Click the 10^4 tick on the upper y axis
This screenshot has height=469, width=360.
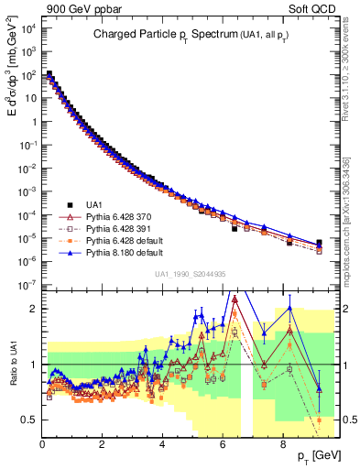[27, 29]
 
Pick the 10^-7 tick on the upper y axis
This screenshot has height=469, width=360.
[27, 285]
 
